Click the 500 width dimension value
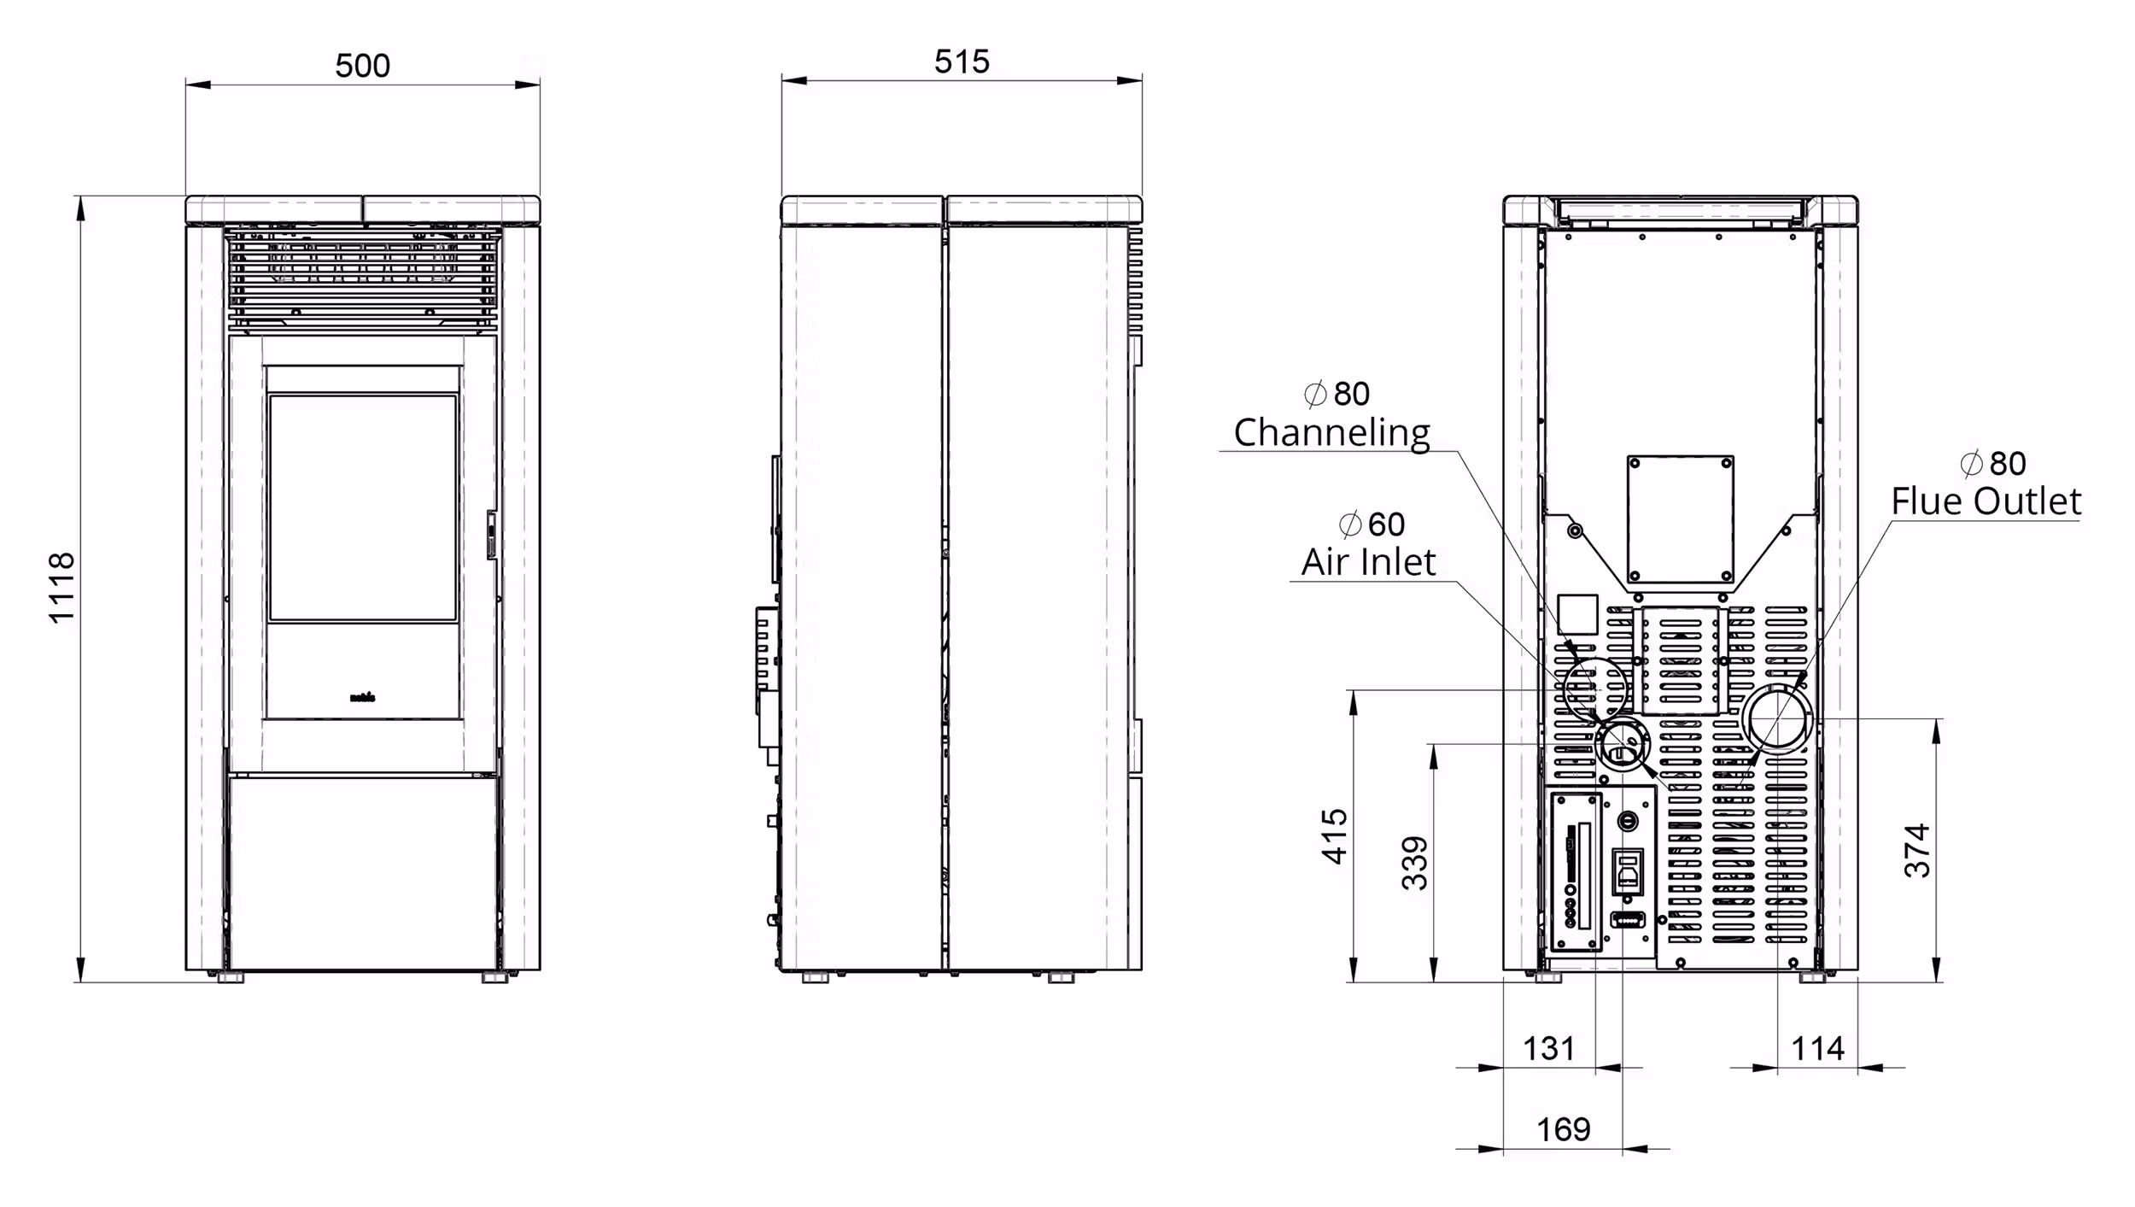click(x=363, y=66)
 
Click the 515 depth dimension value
click(x=962, y=62)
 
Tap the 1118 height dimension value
click(x=62, y=588)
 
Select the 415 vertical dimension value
click(x=1335, y=836)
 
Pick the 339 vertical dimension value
click(x=1415, y=863)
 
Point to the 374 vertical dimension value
click(x=1917, y=851)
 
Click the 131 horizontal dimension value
click(x=1548, y=1048)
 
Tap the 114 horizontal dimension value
click(x=1817, y=1048)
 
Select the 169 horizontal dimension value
click(x=1564, y=1129)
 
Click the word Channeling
click(x=1331, y=433)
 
